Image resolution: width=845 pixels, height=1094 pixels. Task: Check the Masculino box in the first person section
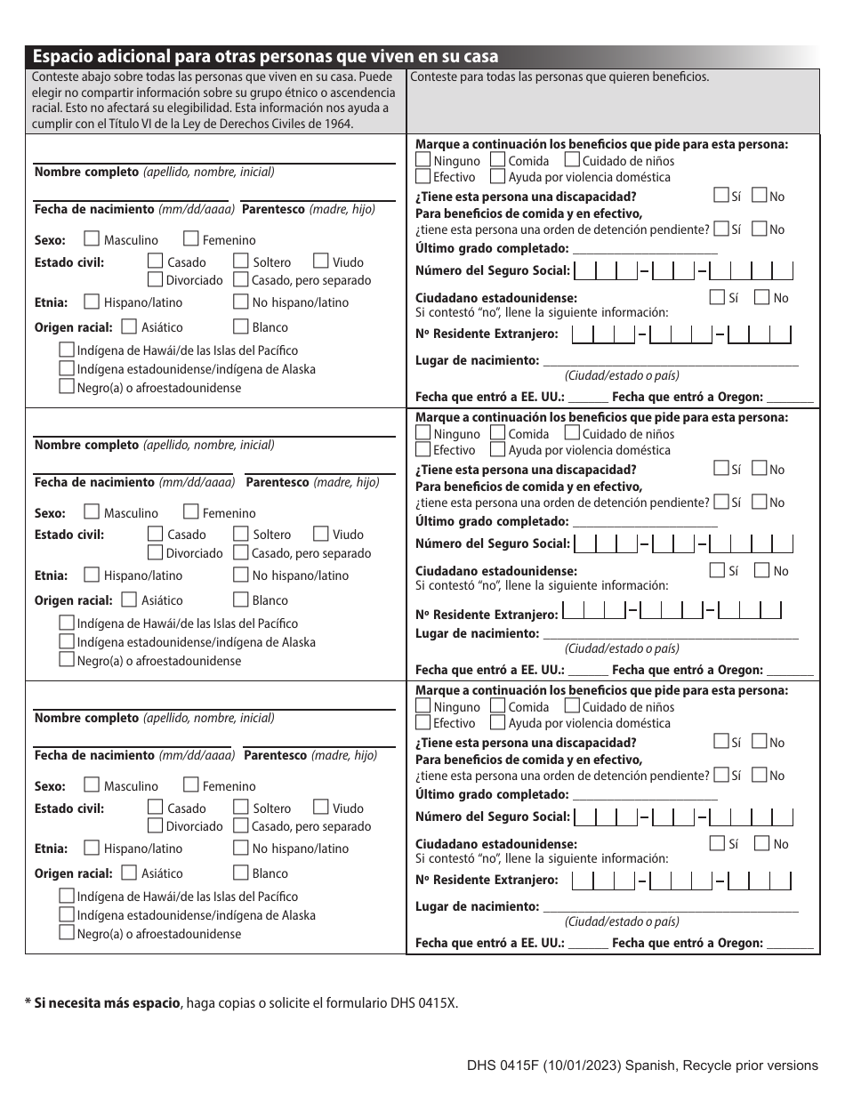91,239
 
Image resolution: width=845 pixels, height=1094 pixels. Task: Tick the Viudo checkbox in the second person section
320,534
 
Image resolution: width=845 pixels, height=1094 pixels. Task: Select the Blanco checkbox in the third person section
240,873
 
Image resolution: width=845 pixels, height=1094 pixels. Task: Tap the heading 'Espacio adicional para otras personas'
265,56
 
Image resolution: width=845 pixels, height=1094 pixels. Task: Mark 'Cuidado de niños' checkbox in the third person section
572,706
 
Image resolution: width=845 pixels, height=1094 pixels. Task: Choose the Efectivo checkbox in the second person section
423,450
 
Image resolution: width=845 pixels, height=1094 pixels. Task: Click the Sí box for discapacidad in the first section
720,196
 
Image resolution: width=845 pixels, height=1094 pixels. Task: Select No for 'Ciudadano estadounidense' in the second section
762,570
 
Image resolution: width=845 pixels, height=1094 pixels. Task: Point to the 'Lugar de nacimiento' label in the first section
477,360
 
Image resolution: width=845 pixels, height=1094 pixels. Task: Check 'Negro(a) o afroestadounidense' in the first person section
66,387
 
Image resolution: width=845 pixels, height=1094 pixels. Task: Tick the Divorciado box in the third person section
155,825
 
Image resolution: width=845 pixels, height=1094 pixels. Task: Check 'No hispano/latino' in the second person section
240,575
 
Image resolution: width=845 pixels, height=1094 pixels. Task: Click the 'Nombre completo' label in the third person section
86,718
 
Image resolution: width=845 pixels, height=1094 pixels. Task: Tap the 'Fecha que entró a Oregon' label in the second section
687,670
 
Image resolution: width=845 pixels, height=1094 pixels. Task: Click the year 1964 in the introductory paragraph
339,124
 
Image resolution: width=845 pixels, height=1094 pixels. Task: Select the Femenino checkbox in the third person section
190,785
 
